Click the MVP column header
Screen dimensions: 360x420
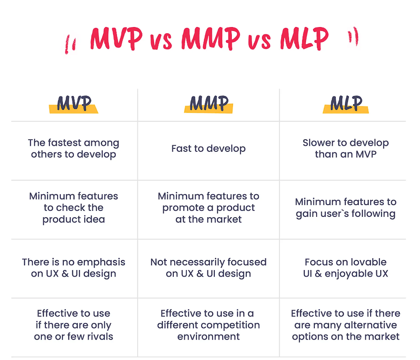click(74, 103)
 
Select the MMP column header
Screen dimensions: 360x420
click(209, 103)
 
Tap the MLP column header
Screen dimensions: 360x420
click(346, 103)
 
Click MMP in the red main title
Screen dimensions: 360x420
click(211, 39)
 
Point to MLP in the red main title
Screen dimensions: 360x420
click(304, 39)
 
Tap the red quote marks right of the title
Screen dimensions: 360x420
click(353, 36)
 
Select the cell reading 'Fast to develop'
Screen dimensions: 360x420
click(209, 149)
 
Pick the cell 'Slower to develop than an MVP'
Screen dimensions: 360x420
click(346, 149)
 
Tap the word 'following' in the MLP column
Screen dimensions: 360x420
click(374, 214)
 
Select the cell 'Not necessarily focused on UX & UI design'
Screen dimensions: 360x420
click(209, 268)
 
